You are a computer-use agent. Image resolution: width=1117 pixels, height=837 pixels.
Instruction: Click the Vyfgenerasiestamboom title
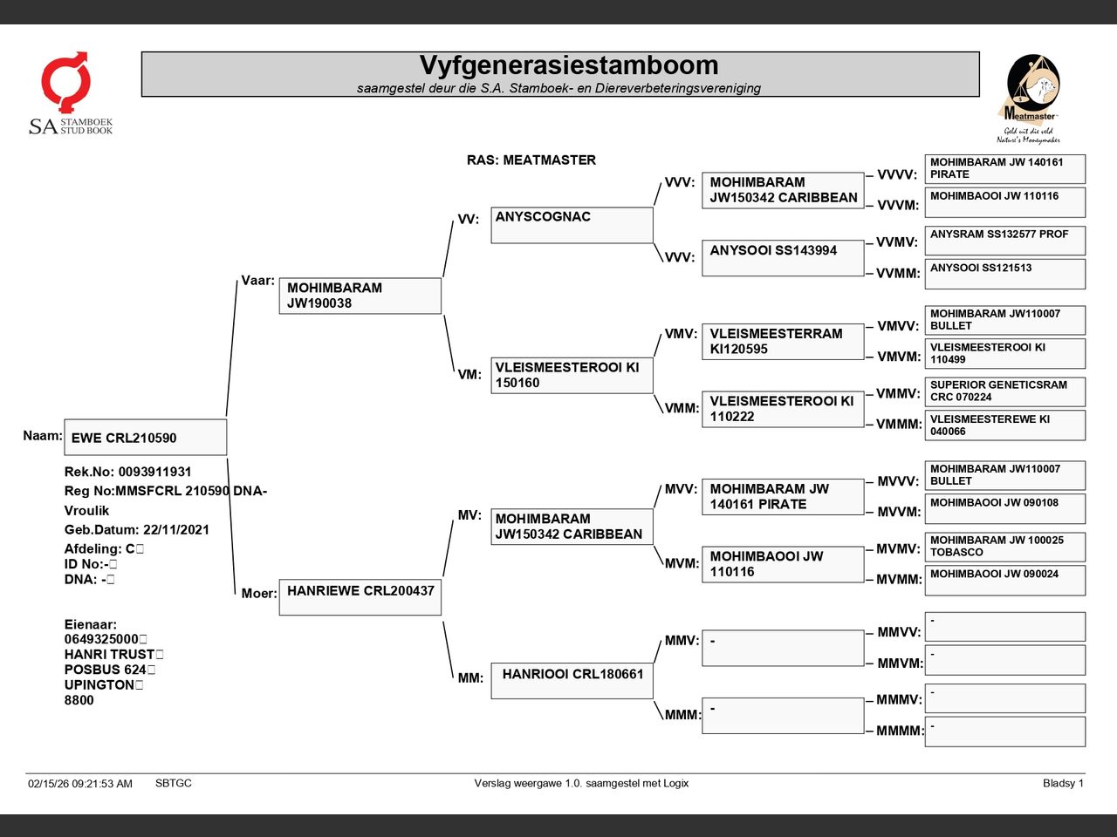(x=568, y=65)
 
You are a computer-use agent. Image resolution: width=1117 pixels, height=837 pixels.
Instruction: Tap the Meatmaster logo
(x=1030, y=98)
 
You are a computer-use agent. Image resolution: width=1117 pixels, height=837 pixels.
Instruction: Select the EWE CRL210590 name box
(x=145, y=438)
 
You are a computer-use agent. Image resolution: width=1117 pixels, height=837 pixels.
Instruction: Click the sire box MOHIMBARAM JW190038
(x=360, y=296)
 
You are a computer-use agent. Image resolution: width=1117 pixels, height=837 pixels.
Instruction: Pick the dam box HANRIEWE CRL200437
(x=360, y=596)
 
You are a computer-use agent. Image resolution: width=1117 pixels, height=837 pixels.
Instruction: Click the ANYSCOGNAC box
(x=572, y=225)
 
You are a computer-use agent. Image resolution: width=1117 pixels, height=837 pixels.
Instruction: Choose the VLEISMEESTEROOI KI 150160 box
(x=572, y=375)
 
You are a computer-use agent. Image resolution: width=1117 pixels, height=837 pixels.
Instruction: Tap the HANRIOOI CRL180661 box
(x=572, y=680)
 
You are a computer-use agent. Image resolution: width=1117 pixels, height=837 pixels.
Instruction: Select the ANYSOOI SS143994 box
(x=782, y=258)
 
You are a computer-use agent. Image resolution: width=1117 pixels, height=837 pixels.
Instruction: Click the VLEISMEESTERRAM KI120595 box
(x=782, y=341)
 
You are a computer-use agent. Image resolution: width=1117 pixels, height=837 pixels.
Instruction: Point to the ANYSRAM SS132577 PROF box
(x=1004, y=240)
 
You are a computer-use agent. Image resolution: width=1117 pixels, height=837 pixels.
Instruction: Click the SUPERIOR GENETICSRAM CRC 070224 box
(x=1004, y=391)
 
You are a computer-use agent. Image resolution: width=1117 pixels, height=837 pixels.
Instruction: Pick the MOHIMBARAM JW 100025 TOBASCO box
(x=1004, y=546)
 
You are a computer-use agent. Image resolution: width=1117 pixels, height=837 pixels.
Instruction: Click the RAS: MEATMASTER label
(x=531, y=160)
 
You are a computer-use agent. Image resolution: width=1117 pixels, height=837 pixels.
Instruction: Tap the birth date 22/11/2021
(x=175, y=529)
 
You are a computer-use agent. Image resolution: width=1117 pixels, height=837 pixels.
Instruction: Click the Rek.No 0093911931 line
(x=127, y=472)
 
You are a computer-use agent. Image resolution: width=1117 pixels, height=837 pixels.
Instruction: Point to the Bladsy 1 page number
(x=1062, y=783)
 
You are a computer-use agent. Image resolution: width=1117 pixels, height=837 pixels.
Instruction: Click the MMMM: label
(x=900, y=731)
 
